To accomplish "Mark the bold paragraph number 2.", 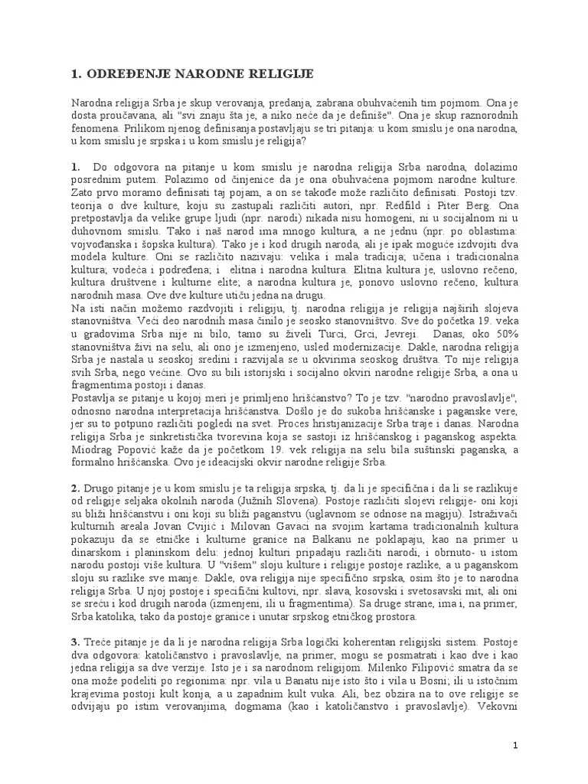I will click(75, 488).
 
